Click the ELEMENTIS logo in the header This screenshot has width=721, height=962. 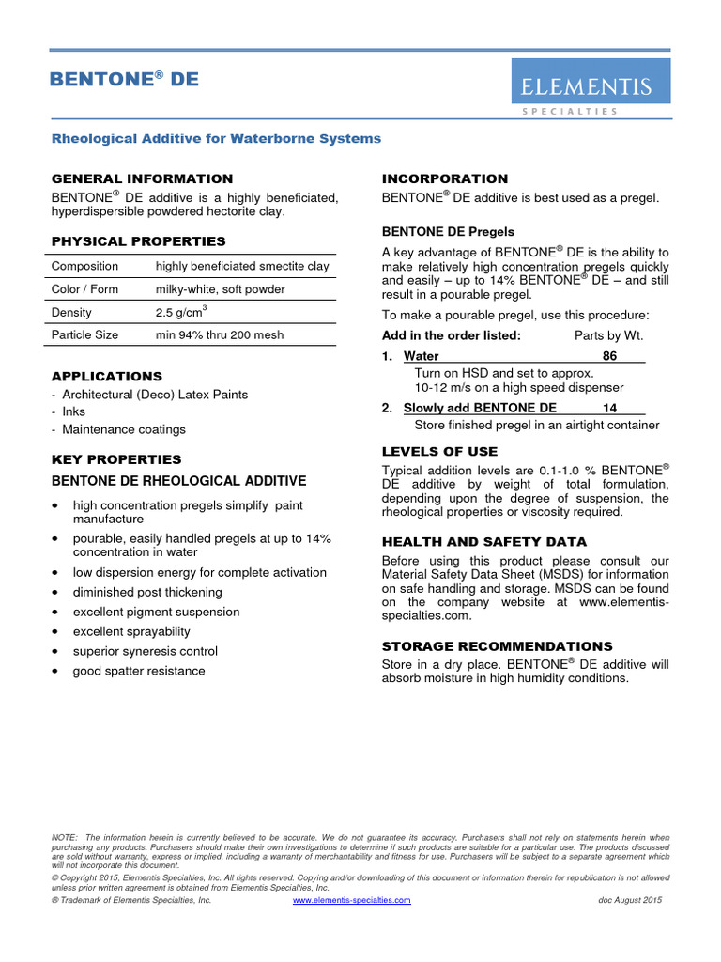pyautogui.click(x=590, y=87)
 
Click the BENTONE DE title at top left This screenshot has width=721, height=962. pyautogui.click(x=124, y=80)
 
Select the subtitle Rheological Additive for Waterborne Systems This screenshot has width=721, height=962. pyautogui.click(x=216, y=138)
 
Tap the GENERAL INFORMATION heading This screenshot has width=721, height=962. pyautogui.click(x=142, y=178)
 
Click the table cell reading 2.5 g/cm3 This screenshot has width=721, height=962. pyautogui.click(x=181, y=312)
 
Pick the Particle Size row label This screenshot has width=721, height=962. pyautogui.click(x=84, y=334)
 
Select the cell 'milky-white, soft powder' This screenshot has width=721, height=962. pyautogui.click(x=220, y=289)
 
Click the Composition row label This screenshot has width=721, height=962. pyautogui.click(x=84, y=266)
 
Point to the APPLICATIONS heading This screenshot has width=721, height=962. pyautogui.click(x=106, y=376)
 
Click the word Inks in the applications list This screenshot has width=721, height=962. pyautogui.click(x=73, y=411)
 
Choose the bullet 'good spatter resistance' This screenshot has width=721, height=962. pyautogui.click(x=139, y=671)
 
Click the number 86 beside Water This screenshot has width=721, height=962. pyautogui.click(x=609, y=356)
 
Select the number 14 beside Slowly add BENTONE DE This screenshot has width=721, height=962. pyautogui.click(x=609, y=408)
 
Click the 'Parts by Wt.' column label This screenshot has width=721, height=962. pyautogui.click(x=608, y=335)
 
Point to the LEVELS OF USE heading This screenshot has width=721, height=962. pyautogui.click(x=439, y=452)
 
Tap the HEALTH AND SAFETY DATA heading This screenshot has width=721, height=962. pyautogui.click(x=483, y=542)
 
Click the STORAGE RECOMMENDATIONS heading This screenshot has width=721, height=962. pyautogui.click(x=497, y=646)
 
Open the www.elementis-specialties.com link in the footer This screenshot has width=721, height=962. pyautogui.click(x=352, y=900)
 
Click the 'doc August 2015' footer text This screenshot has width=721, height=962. pyautogui.click(x=630, y=900)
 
